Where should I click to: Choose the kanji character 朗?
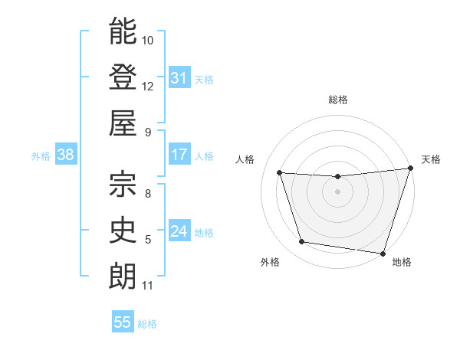point(123,275)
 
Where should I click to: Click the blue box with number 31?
point(179,78)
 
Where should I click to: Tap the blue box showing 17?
point(179,155)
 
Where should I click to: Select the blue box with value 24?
point(179,231)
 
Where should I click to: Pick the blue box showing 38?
point(65,155)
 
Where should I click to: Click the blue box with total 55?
point(122,322)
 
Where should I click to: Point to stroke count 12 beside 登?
point(148,86)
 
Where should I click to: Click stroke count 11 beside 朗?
point(148,286)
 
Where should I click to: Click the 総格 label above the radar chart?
point(338,100)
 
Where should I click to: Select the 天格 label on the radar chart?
point(431,159)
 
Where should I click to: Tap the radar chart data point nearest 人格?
point(280,173)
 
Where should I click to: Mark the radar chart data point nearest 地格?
point(382,252)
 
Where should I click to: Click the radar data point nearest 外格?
point(302,242)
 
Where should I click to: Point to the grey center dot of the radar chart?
point(337,191)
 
